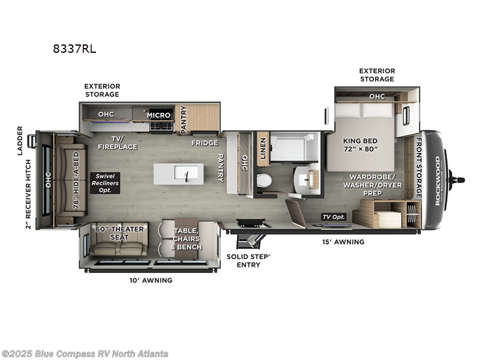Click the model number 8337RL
click(x=74, y=49)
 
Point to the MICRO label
click(x=159, y=115)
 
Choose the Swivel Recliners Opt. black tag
click(x=104, y=182)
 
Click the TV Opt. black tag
click(x=334, y=217)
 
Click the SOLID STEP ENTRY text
click(x=248, y=260)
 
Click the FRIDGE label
click(x=205, y=143)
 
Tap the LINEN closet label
click(x=262, y=148)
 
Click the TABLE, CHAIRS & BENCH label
click(x=187, y=239)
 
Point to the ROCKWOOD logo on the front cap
click(x=437, y=180)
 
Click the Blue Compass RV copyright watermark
click(x=85, y=353)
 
